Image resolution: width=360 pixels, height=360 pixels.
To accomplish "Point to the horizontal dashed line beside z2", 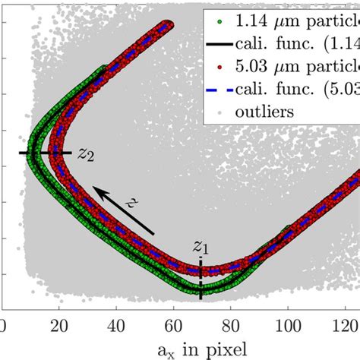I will [46, 153].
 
